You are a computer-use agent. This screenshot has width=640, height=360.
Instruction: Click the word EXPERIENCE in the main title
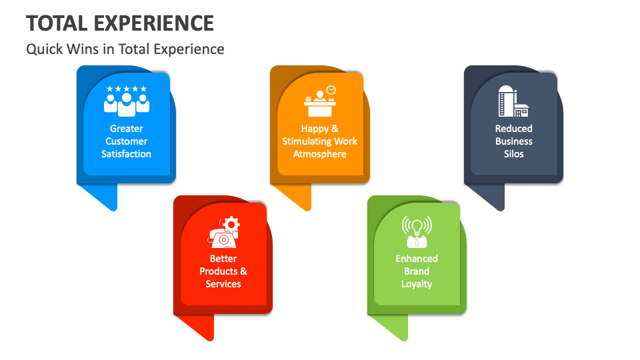154,23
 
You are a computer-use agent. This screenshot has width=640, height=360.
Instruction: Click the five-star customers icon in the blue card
127,99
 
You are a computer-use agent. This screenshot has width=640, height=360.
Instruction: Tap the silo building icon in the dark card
513,101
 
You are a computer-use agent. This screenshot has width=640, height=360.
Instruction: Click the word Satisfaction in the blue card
127,154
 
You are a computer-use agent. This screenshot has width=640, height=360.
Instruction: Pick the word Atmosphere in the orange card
320,154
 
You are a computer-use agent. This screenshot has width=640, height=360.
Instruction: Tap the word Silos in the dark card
514,154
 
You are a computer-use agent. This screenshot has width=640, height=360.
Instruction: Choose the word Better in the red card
223,259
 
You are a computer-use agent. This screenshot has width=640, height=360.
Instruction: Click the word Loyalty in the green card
417,284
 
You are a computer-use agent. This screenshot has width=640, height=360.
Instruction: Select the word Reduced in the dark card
514,129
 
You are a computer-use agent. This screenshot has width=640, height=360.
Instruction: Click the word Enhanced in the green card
417,259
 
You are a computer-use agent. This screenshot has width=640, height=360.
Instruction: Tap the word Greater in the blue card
127,129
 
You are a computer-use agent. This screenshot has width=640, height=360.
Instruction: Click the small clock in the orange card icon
331,89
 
